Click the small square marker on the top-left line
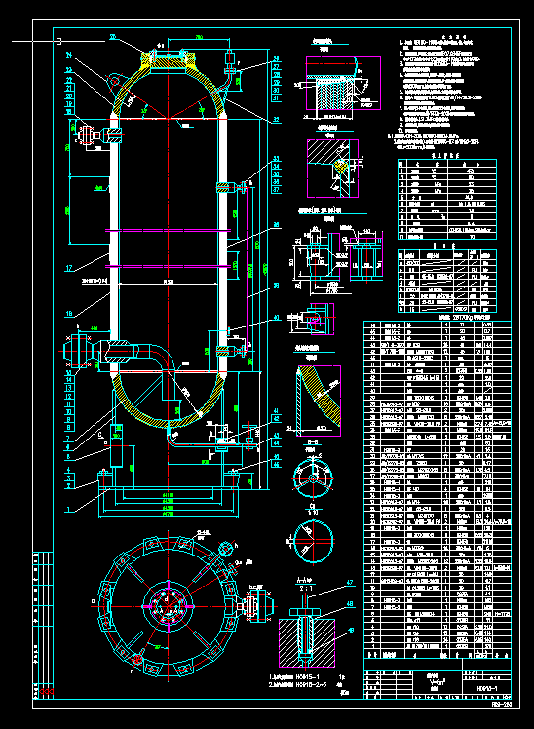click(x=58, y=41)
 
